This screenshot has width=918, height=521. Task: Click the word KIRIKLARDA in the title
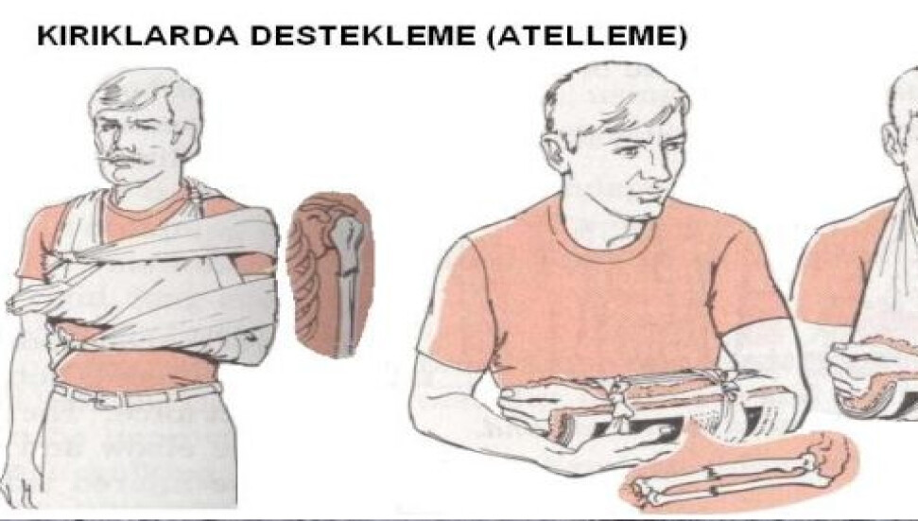[x=138, y=36]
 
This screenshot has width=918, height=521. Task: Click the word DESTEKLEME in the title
[x=364, y=36]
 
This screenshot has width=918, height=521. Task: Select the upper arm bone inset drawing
[x=332, y=275]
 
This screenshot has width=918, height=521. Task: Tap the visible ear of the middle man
[x=554, y=152]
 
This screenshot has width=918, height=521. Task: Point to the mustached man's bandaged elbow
[x=251, y=345]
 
